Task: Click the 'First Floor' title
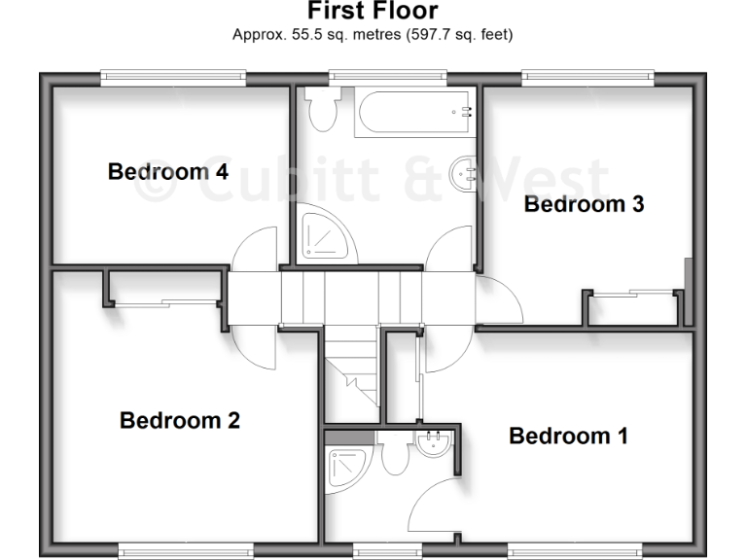coord(373,12)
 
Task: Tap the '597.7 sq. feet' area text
coord(449,34)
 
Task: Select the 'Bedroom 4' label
coord(167,172)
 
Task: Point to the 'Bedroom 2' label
coord(179,421)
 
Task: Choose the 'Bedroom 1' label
coord(568,436)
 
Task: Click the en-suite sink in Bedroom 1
coord(433,446)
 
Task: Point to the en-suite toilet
coord(394,455)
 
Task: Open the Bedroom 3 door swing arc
coord(501,299)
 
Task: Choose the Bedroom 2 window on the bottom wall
coord(186,551)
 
